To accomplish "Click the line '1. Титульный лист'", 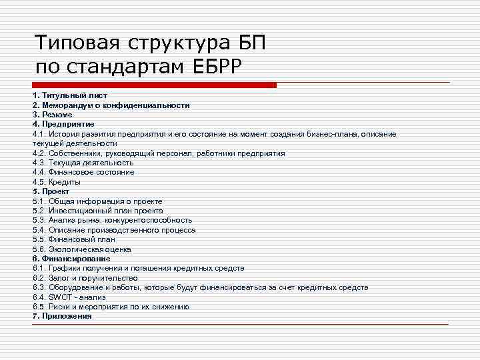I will [x=70, y=95].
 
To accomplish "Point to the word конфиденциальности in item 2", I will [x=154, y=105].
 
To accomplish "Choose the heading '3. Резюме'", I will [x=53, y=115].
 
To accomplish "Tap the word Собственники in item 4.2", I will [x=75, y=153].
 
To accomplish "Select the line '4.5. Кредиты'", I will [x=57, y=182].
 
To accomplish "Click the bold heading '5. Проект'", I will [x=51, y=191].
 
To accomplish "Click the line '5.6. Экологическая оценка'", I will [x=81, y=249].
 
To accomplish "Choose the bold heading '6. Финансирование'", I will [x=71, y=259].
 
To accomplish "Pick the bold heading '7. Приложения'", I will [x=62, y=316].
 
